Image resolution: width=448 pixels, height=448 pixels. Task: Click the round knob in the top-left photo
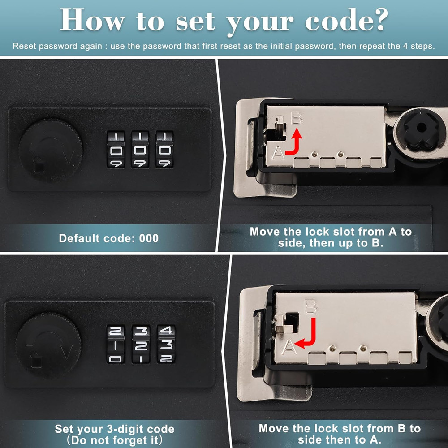pyautogui.click(x=50, y=149)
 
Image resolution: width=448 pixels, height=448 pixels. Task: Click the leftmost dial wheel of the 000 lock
pyautogui.click(x=116, y=150)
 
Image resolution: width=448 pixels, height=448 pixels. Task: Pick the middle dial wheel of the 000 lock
pyautogui.click(x=140, y=150)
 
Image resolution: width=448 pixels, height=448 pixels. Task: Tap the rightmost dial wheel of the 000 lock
pyautogui.click(x=164, y=150)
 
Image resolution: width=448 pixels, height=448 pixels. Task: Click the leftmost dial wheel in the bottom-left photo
pyautogui.click(x=116, y=344)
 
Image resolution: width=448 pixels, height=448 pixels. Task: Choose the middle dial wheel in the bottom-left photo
pyautogui.click(x=141, y=344)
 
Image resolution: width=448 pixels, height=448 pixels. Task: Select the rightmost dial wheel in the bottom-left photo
pyautogui.click(x=166, y=344)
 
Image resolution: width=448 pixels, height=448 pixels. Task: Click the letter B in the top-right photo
pyautogui.click(x=296, y=119)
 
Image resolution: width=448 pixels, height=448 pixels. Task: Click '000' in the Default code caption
pyautogui.click(x=148, y=238)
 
